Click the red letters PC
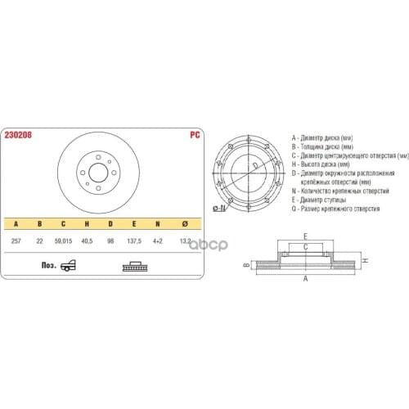194,135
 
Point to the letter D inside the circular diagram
255,166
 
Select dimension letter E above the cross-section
305,238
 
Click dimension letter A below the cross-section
306,279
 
